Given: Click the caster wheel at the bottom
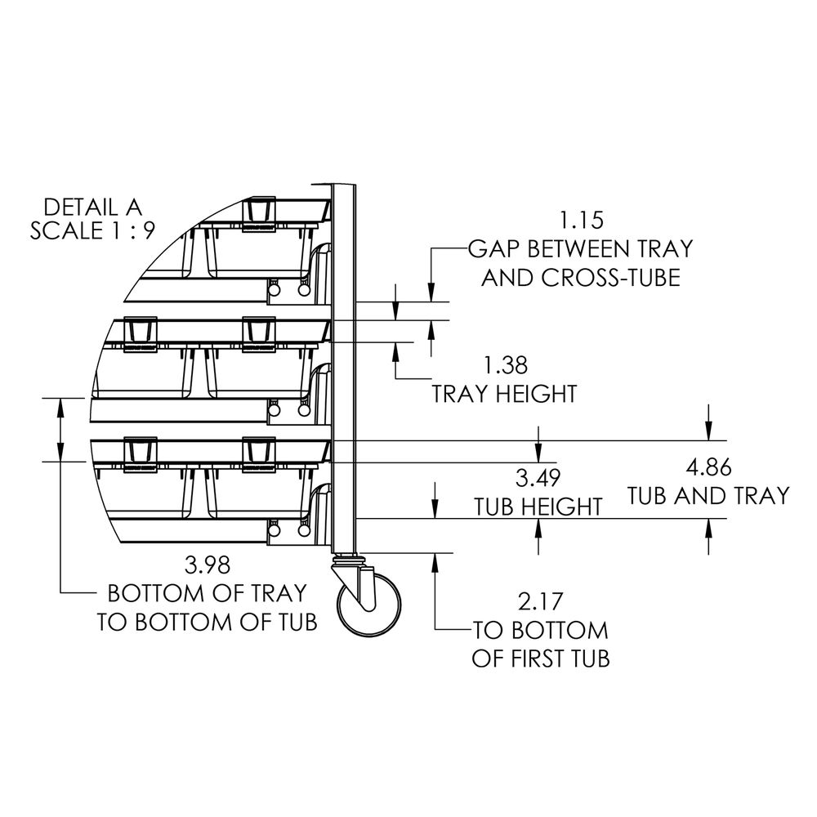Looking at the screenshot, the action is (x=369, y=605).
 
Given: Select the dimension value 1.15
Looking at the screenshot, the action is (x=582, y=221).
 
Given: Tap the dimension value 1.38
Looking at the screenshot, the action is (x=506, y=365).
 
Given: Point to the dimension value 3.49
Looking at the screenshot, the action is (x=538, y=478).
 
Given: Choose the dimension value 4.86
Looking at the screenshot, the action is (x=708, y=467).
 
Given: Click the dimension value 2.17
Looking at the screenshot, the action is (x=540, y=602).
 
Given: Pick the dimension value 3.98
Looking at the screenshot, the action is (x=207, y=565).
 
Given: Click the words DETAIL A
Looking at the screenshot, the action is (x=93, y=208).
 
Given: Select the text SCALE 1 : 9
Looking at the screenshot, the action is (x=93, y=231).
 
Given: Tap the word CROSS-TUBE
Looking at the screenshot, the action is (x=610, y=278).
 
